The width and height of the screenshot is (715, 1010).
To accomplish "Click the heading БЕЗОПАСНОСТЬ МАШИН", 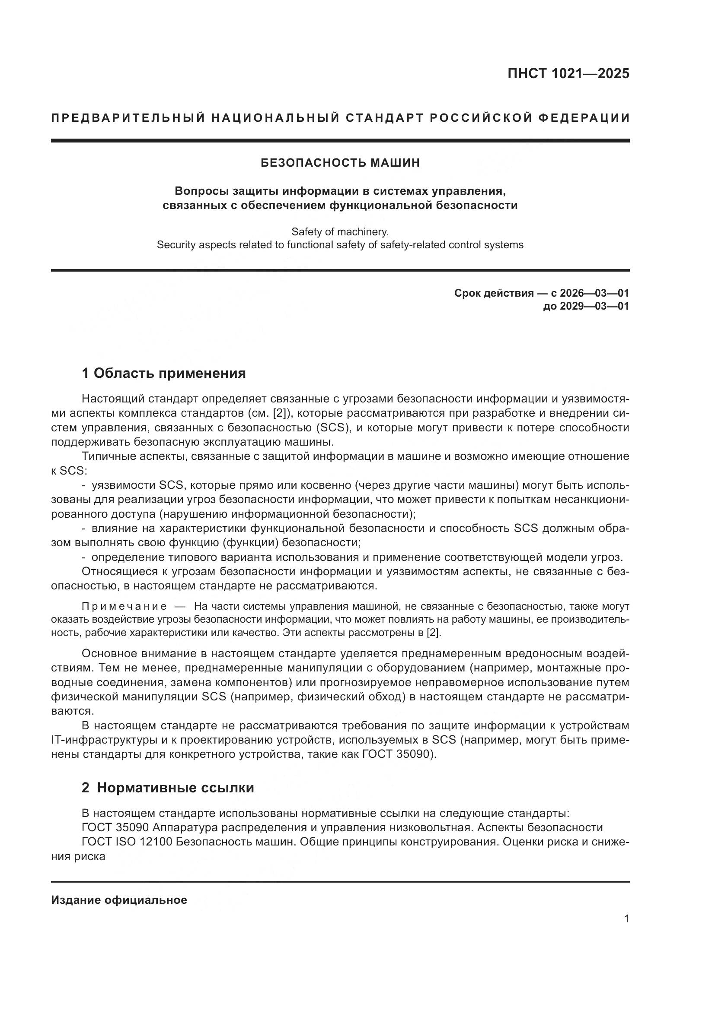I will [x=340, y=163].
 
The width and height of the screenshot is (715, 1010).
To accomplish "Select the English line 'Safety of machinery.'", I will [x=340, y=231].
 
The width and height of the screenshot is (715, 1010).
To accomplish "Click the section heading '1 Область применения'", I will [x=164, y=374].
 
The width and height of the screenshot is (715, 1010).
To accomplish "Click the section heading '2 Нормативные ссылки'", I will [x=168, y=788].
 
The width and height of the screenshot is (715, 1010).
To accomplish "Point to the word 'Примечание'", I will [x=124, y=607].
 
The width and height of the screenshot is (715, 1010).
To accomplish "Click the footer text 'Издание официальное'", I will [x=119, y=900].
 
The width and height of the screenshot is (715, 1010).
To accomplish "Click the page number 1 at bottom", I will [x=626, y=919].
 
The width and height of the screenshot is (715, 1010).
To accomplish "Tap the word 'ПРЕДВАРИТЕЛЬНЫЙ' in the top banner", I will [x=128, y=118].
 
